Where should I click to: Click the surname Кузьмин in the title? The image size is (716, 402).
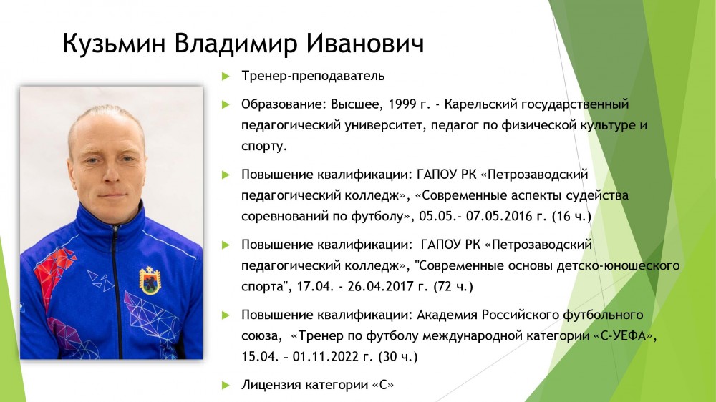click(x=114, y=44)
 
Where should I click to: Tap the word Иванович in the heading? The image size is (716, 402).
click(x=365, y=44)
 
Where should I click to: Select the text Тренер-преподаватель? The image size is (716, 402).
click(x=314, y=76)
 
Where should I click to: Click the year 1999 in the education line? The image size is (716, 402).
click(x=402, y=104)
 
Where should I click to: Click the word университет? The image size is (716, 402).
click(x=384, y=125)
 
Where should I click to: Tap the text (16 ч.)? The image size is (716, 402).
click(x=571, y=216)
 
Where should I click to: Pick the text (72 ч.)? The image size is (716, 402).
click(x=453, y=287)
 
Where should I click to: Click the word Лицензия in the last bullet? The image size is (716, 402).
click(x=271, y=386)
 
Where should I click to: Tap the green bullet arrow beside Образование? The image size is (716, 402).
click(x=226, y=104)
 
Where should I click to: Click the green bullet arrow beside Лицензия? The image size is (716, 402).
click(x=226, y=385)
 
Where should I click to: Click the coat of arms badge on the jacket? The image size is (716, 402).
click(x=150, y=280)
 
